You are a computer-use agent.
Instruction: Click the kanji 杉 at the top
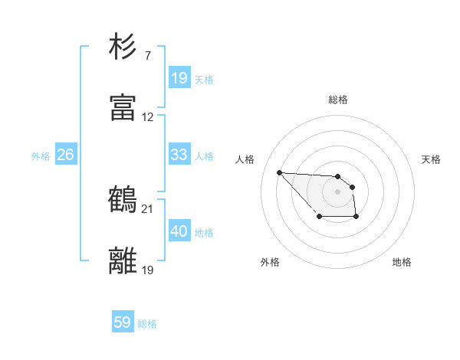[x=123, y=47]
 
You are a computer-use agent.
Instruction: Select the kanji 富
[x=123, y=108]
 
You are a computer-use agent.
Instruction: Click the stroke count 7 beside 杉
[x=147, y=56]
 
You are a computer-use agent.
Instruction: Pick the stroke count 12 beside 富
[x=148, y=117]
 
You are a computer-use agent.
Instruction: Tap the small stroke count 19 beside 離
[x=148, y=270]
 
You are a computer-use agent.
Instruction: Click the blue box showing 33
[x=179, y=155]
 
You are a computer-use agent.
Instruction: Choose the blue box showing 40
[x=179, y=231]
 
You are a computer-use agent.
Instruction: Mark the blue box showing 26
[x=65, y=155]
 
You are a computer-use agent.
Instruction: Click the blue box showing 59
[x=123, y=322]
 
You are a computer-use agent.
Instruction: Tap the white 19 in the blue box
[x=179, y=78]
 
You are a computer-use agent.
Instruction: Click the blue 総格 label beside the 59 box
[x=148, y=324]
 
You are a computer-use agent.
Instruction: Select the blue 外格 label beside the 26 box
[x=41, y=156]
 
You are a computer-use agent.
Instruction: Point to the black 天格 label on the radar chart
[x=432, y=159]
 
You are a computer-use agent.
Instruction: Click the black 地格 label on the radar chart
[x=402, y=262]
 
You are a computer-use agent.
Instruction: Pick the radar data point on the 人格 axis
[x=279, y=172]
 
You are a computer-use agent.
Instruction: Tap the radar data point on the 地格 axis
[x=356, y=218]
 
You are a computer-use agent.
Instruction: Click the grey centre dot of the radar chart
[x=337, y=191]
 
